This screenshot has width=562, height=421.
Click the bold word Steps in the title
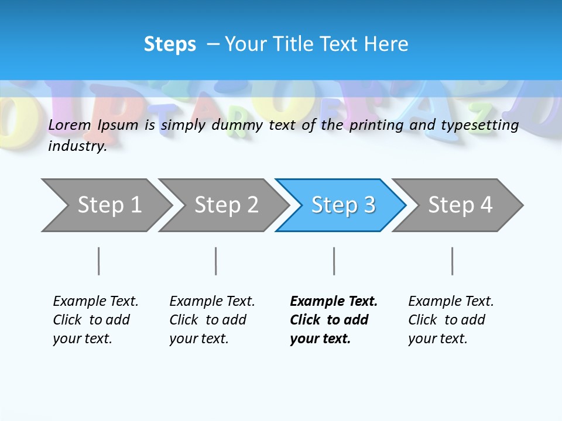tap(170, 44)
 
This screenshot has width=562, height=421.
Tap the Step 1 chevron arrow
tap(105, 205)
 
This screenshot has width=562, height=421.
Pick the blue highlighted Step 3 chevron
tap(342, 205)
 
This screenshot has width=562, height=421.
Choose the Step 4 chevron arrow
tap(460, 205)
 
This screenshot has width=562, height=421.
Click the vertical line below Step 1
tap(98, 261)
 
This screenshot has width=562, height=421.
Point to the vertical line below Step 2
tap(215, 261)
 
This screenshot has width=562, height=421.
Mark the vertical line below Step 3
tap(334, 261)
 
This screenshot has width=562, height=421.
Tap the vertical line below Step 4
tap(452, 261)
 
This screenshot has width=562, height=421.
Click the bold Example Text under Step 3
tap(334, 319)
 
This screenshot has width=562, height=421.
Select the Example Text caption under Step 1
tap(95, 319)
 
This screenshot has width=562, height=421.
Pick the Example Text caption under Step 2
tap(212, 319)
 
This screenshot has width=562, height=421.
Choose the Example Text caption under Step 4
tap(451, 319)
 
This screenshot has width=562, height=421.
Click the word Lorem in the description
tap(70, 125)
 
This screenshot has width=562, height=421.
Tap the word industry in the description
tap(77, 146)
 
